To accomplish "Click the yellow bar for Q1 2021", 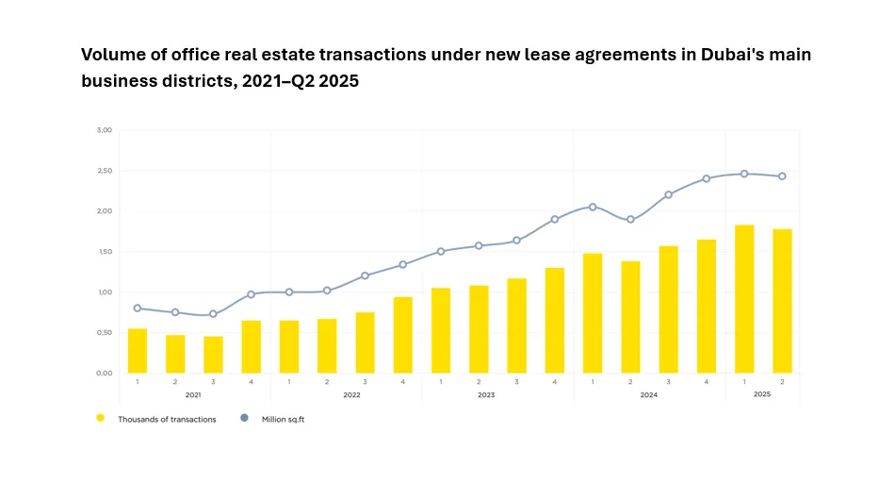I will pyautogui.click(x=138, y=350).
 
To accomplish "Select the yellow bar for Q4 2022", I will pyautogui.click(x=402, y=335).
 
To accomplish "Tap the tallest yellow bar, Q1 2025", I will pyautogui.click(x=744, y=298).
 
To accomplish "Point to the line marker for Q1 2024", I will pyautogui.click(x=593, y=207).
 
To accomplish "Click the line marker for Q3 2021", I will pyautogui.click(x=213, y=314).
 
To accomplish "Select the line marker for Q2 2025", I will pyautogui.click(x=782, y=176).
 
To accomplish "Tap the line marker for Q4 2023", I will pyautogui.click(x=555, y=219).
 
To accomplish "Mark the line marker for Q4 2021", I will pyautogui.click(x=251, y=294).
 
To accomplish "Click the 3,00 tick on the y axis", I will pyautogui.click(x=105, y=130).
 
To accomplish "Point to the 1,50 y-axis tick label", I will pyautogui.click(x=105, y=252).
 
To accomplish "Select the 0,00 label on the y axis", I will pyautogui.click(x=105, y=374).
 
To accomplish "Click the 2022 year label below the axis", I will pyautogui.click(x=352, y=394).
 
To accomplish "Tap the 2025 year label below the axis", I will pyautogui.click(x=762, y=394).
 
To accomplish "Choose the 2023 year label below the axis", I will pyautogui.click(x=486, y=394).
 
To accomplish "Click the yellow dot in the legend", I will pyautogui.click(x=100, y=417).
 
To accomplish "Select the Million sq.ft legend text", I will pyautogui.click(x=283, y=419).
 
